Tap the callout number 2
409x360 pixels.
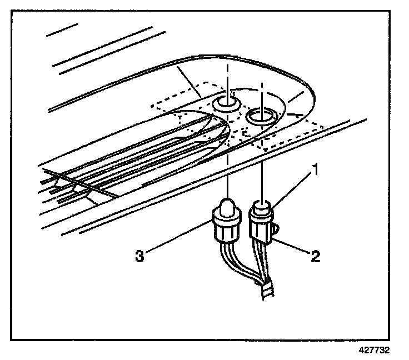316,256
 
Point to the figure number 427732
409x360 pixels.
374,351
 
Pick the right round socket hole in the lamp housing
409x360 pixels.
261,116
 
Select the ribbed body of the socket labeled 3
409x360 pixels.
227,227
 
